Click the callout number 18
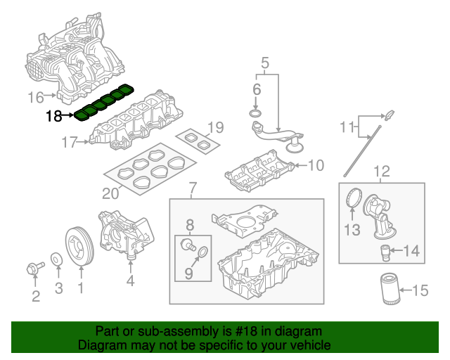point(53,117)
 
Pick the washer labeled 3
point(56,259)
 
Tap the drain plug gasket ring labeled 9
point(202,252)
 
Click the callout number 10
point(316,166)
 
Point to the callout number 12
point(380,171)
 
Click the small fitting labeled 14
point(385,250)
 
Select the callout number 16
point(36,96)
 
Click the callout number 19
point(215,127)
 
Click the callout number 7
point(193,188)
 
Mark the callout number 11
point(345,127)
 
